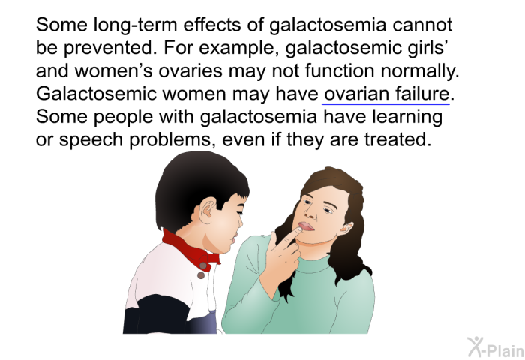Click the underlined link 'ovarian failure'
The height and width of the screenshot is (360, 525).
(x=386, y=94)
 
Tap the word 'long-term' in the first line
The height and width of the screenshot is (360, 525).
(x=135, y=25)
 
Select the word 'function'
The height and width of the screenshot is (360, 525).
(x=340, y=71)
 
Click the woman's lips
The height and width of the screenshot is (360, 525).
(x=306, y=226)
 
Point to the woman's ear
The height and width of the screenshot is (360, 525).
(x=346, y=229)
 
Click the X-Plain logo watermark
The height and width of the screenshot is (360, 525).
(x=496, y=347)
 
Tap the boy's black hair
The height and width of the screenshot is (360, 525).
(x=197, y=187)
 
